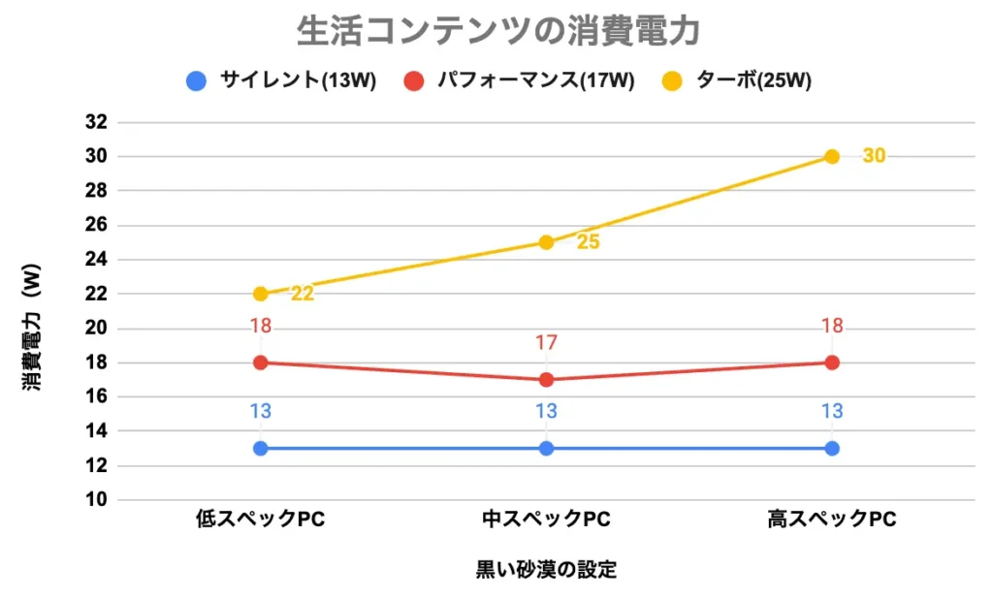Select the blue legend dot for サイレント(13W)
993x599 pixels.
pyautogui.click(x=197, y=80)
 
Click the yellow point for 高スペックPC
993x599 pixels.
pyautogui.click(x=832, y=156)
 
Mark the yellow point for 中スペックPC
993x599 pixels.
pyautogui.click(x=546, y=242)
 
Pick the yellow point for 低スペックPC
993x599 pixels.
pyautogui.click(x=260, y=294)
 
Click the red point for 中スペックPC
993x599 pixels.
pyautogui.click(x=546, y=380)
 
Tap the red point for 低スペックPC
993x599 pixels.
pyautogui.click(x=260, y=363)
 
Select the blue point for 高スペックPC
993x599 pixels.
pyautogui.click(x=832, y=448)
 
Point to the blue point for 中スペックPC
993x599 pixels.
pyautogui.click(x=546, y=448)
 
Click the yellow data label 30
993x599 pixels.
pyautogui.click(x=874, y=155)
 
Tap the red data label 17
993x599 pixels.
pyautogui.click(x=546, y=342)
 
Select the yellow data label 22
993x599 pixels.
pyautogui.click(x=303, y=294)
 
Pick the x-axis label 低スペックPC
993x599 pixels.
pyautogui.click(x=260, y=520)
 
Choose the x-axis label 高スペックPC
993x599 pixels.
pyautogui.click(x=832, y=520)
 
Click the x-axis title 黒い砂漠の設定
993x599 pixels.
pyautogui.click(x=546, y=569)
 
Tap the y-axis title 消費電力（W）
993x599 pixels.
pyautogui.click(x=32, y=330)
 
